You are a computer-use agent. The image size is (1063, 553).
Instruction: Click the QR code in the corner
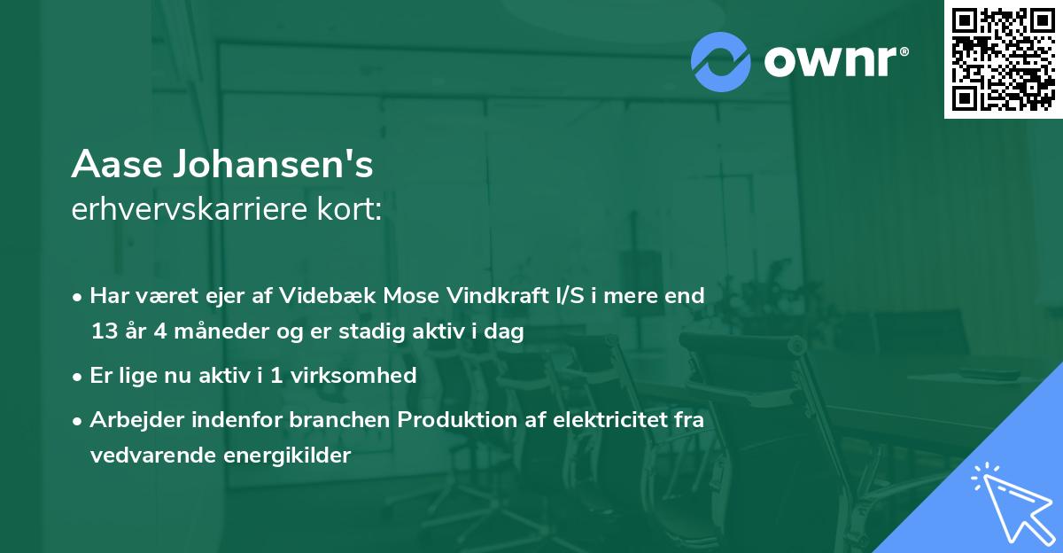click(1003, 58)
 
